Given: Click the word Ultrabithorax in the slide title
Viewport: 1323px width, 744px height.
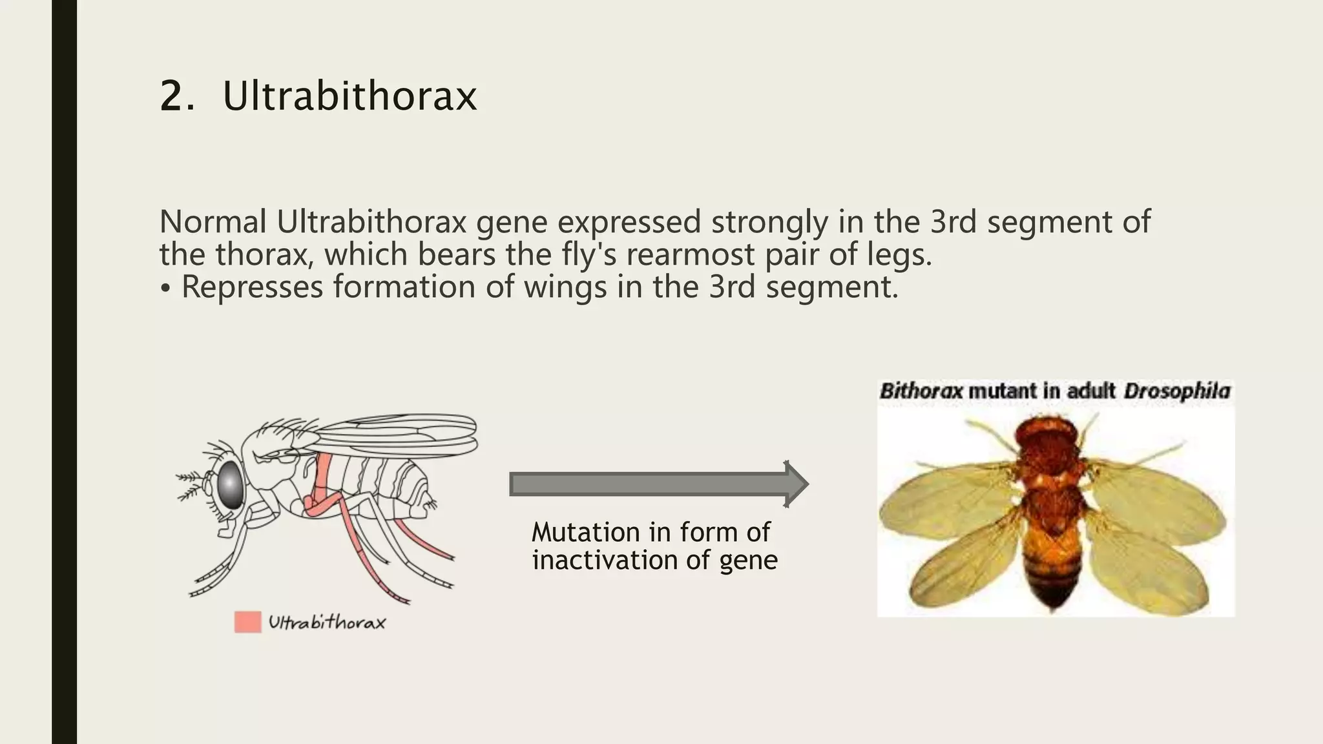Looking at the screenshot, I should tap(349, 97).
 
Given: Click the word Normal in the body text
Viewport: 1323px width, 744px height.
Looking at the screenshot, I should tap(213, 222).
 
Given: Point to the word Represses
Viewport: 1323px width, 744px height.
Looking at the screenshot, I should tap(251, 287).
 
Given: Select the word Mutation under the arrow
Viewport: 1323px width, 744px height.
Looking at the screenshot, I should tap(586, 533).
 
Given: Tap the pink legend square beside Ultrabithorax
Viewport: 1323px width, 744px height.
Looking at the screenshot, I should tap(247, 622).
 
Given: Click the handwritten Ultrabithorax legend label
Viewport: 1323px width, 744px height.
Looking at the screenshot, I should tap(327, 623).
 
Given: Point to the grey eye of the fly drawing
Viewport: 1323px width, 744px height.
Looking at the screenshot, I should tap(230, 484).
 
